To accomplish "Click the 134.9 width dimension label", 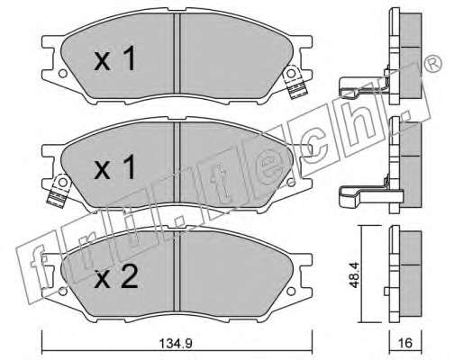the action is coord(176,344).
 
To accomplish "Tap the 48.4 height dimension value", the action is coord(355,274).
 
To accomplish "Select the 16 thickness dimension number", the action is coord(404,343).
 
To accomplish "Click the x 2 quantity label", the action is coord(116,278).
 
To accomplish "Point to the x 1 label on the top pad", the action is coord(114,59).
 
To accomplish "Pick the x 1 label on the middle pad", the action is coord(114,168).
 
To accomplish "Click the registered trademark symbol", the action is coord(433,64).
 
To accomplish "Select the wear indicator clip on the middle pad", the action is coord(59,191).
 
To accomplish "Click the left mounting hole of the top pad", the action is coord(62,74).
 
